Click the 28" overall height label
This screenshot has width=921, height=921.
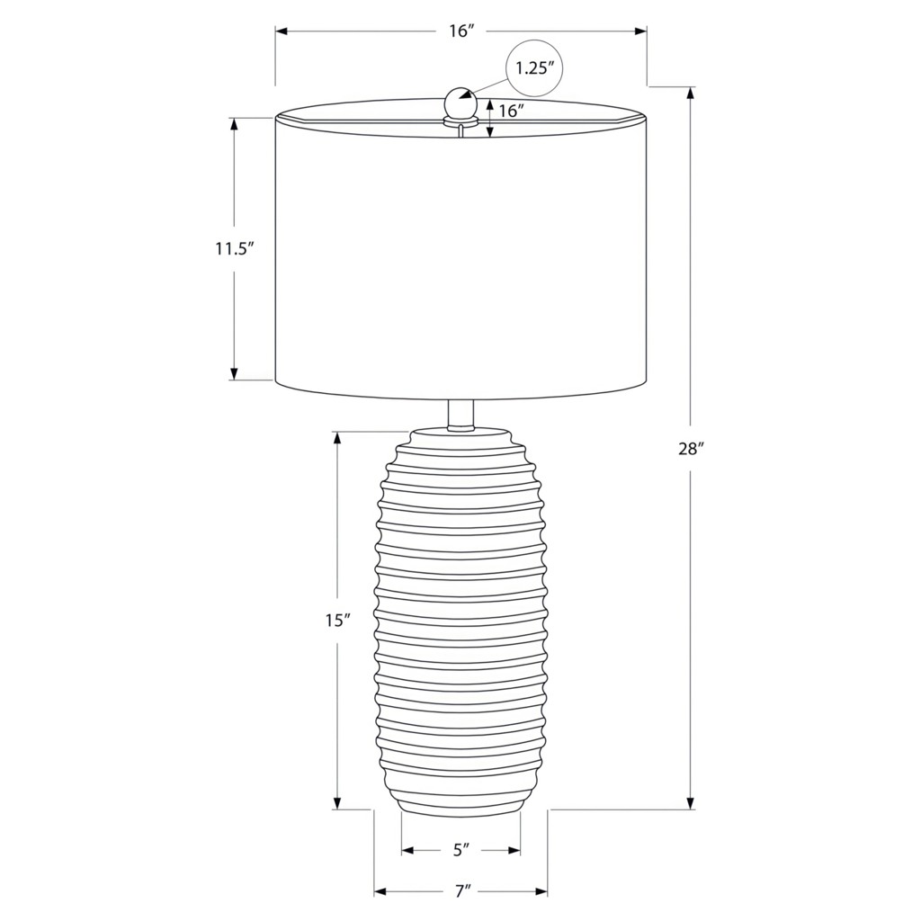[x=691, y=450]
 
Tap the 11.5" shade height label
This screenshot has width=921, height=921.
[x=234, y=249]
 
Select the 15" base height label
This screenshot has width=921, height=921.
[x=338, y=620]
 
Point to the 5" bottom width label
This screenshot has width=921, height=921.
[x=461, y=849]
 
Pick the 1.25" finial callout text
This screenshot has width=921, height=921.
[x=535, y=68]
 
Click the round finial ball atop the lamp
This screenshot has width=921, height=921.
[x=459, y=102]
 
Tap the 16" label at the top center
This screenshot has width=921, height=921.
[x=461, y=31]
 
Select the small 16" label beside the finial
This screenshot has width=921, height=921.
[x=511, y=111]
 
